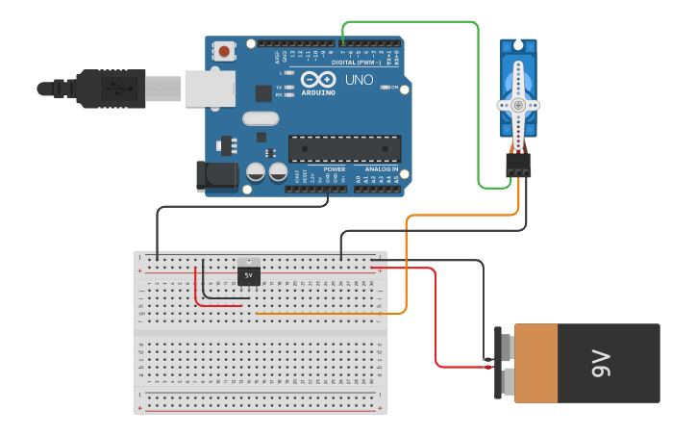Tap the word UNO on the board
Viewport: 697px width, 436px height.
coord(359,80)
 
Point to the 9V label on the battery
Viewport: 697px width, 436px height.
coord(602,364)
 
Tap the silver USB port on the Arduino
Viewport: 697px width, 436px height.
coord(210,88)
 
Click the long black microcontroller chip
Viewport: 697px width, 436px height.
coord(344,148)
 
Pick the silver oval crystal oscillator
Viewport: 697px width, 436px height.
coord(260,118)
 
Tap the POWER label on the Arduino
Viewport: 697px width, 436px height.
coord(334,169)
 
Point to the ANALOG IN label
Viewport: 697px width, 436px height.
coord(382,169)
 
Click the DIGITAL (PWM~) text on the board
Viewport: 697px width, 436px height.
coord(356,61)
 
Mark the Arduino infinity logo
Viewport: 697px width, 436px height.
coord(318,79)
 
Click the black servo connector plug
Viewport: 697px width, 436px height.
coord(519,165)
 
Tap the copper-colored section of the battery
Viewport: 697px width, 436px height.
coord(535,363)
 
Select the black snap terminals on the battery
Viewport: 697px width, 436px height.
coord(498,363)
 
